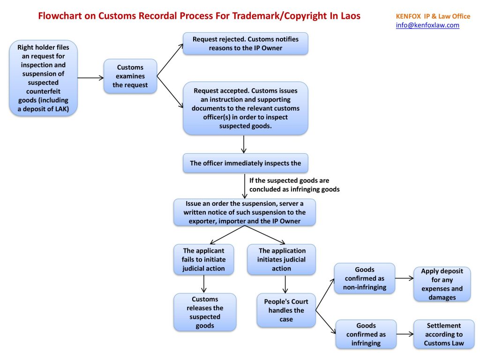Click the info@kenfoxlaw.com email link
(427, 25)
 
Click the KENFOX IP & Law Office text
(433, 16)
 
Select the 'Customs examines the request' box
(130, 76)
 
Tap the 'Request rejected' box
(245, 44)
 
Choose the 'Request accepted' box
(245, 108)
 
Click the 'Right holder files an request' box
(43, 78)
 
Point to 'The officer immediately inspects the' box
(245, 164)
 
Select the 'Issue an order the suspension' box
(244, 212)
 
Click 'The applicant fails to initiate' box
(203, 260)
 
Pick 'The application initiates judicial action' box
(281, 260)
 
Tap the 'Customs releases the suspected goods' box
(205, 312)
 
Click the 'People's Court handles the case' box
(286, 310)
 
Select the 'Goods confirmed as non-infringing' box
(364, 278)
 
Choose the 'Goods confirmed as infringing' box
(366, 334)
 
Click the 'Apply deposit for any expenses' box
(442, 284)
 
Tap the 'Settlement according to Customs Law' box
(443, 334)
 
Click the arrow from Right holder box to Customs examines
(90, 77)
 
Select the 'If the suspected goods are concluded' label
(294, 185)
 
